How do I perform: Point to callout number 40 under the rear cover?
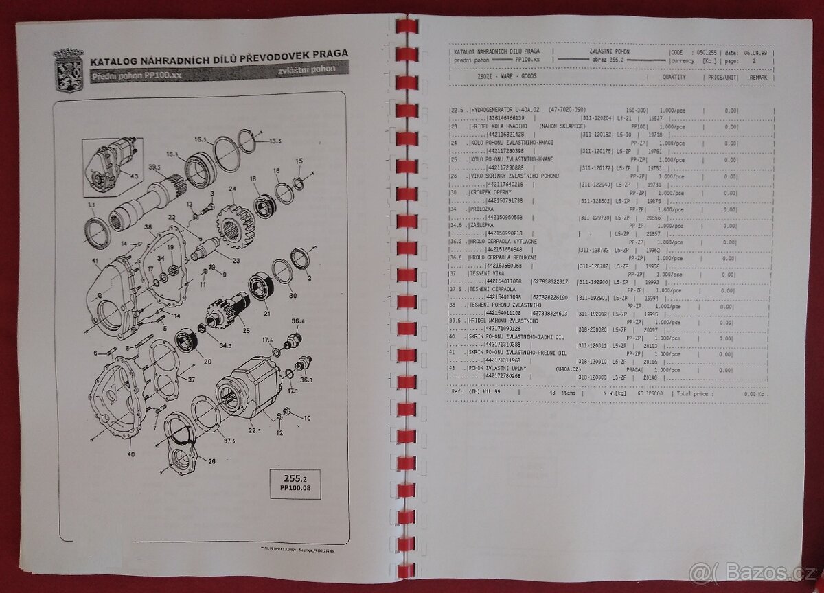pos(131,454)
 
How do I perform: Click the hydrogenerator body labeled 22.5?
pos(247,391)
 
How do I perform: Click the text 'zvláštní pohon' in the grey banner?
pos(308,71)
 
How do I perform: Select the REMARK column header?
pos(757,78)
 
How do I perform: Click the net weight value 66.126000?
pos(648,394)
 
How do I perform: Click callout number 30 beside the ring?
pos(293,296)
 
